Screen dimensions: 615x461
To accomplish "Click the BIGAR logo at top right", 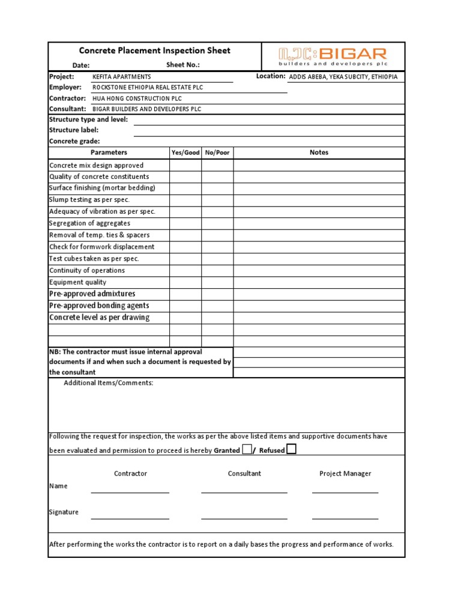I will (x=333, y=56).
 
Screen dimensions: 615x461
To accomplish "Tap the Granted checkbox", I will (x=247, y=449).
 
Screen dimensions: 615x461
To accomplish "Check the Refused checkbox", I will (x=291, y=449).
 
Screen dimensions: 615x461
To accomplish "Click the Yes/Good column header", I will (x=185, y=153).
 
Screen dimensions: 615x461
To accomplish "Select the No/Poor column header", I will (x=217, y=153).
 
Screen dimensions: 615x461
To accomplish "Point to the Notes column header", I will (x=319, y=153).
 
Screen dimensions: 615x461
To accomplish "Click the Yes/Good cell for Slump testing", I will (x=185, y=200).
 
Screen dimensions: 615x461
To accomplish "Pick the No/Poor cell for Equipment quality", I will (x=217, y=282).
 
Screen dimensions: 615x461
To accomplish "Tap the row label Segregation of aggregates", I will (x=89, y=223).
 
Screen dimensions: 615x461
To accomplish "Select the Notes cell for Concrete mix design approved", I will (x=319, y=165).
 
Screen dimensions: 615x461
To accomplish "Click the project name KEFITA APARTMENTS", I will (x=122, y=77).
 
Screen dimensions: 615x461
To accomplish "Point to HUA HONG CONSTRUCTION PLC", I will (x=137, y=98).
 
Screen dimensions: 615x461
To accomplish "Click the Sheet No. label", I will (x=183, y=65).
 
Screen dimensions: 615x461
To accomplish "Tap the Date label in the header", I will (x=81, y=65).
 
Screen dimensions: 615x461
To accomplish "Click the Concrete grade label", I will (x=74, y=141).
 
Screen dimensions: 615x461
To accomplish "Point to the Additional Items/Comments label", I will (x=109, y=383).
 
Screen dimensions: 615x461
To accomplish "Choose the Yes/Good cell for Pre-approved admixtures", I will (x=185, y=294).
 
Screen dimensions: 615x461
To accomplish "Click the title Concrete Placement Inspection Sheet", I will (x=155, y=51).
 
